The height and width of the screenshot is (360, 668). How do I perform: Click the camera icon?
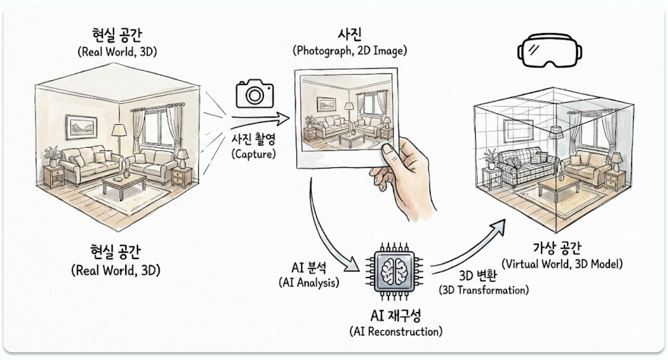click(x=254, y=94)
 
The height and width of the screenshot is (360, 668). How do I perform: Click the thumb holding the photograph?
click(x=391, y=153)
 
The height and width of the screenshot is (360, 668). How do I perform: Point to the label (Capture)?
click(x=253, y=154)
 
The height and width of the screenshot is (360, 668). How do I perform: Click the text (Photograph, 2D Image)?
click(x=350, y=51)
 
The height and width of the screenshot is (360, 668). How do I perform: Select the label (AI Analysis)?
click(x=309, y=283)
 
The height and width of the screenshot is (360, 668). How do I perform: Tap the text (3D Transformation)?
click(x=484, y=290)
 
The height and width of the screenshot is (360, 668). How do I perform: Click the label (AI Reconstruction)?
click(x=395, y=332)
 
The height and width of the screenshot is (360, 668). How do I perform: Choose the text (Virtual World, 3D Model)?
click(x=562, y=264)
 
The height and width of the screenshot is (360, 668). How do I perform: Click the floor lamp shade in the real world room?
click(x=119, y=130)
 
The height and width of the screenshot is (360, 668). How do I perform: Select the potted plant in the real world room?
click(x=52, y=156)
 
